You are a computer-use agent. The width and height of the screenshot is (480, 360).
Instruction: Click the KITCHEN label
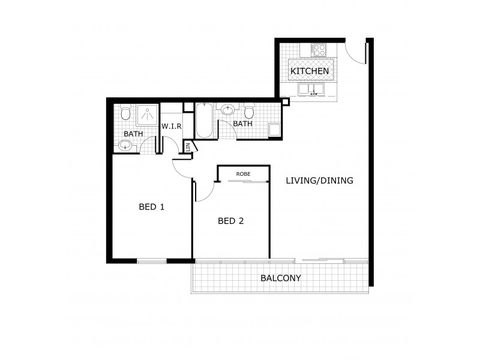[x=310, y=71]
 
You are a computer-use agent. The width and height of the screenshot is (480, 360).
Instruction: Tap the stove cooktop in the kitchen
[x=317, y=50]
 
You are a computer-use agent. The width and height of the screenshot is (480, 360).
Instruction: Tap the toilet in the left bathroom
[x=125, y=112]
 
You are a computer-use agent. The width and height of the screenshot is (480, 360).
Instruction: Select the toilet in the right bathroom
[x=250, y=111]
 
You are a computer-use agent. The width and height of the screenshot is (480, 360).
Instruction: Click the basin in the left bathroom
[x=126, y=145]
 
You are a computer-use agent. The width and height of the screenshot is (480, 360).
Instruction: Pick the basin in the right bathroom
[x=229, y=110]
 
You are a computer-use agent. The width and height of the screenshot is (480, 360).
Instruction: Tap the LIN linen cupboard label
[x=188, y=146]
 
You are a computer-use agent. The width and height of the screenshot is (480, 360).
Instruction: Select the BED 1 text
[x=151, y=207]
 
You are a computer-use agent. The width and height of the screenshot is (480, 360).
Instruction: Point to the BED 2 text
[x=230, y=221]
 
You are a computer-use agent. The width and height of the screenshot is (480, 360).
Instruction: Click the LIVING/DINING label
[x=319, y=180]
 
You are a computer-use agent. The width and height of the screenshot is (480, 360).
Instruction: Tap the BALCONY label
[x=280, y=278]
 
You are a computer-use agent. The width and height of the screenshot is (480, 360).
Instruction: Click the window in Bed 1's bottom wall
[x=151, y=261]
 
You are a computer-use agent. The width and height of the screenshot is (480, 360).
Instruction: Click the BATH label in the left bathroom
[x=133, y=133]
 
